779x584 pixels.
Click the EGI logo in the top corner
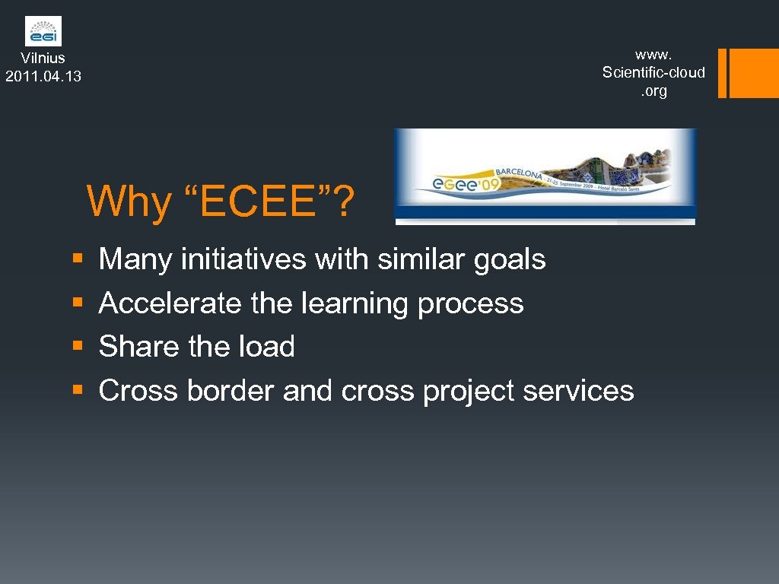(x=43, y=31)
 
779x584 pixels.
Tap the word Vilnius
(x=43, y=58)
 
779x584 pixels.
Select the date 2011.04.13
(x=43, y=76)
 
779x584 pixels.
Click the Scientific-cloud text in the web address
(x=653, y=72)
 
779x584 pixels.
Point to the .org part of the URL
(x=653, y=91)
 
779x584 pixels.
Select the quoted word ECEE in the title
(x=253, y=202)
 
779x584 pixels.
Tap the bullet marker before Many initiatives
(x=77, y=260)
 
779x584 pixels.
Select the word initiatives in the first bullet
(x=243, y=260)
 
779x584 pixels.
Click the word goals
(x=509, y=260)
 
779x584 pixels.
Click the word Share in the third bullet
(x=139, y=347)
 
